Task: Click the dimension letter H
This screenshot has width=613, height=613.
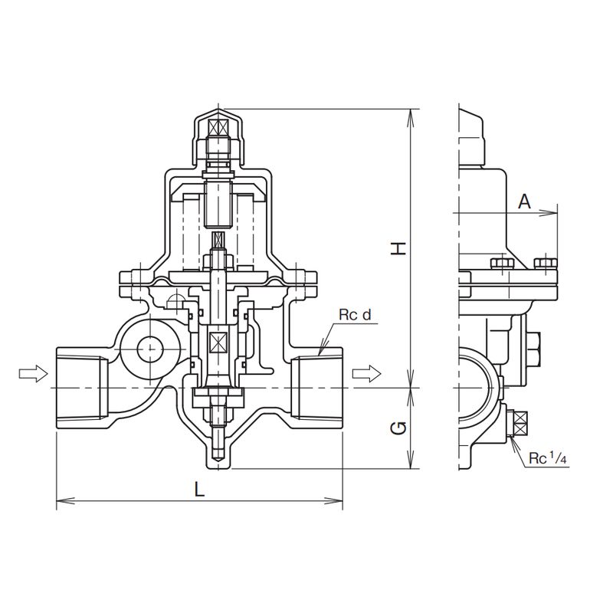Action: [399, 248]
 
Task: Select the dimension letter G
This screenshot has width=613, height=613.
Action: [399, 429]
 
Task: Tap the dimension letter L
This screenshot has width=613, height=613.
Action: [200, 489]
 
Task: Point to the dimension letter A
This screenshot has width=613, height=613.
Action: [525, 202]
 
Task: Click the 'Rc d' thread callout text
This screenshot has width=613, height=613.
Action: [355, 315]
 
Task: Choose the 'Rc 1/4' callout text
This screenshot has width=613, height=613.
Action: [547, 458]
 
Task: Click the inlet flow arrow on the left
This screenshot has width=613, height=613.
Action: [33, 373]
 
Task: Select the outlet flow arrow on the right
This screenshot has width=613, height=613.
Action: [366, 373]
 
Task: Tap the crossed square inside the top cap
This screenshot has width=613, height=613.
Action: [218, 127]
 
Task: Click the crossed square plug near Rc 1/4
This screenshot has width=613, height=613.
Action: [520, 424]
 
